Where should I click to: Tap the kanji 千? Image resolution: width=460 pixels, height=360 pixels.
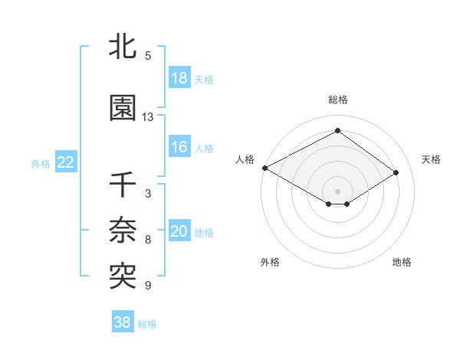pyautogui.click(x=123, y=186)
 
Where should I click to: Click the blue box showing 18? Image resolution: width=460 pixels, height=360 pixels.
pyautogui.click(x=179, y=78)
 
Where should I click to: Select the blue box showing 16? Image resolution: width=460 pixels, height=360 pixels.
pyautogui.click(x=179, y=147)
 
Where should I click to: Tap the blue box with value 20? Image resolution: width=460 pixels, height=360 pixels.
pyautogui.click(x=179, y=231)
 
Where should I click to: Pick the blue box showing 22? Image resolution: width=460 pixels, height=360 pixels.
pyautogui.click(x=66, y=162)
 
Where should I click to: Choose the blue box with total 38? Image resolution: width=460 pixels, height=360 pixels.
pyautogui.click(x=123, y=322)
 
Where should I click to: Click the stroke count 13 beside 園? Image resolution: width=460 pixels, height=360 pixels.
pyautogui.click(x=148, y=117)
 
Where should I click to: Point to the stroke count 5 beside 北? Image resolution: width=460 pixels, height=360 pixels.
pyautogui.click(x=148, y=56)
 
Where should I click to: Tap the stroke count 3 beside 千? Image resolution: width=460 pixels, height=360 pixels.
pyautogui.click(x=148, y=194)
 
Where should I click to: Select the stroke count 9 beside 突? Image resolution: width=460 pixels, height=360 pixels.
pyautogui.click(x=148, y=286)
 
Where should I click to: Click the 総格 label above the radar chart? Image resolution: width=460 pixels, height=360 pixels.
pyautogui.click(x=338, y=100)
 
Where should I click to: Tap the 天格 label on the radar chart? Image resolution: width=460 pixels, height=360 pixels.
pyautogui.click(x=431, y=159)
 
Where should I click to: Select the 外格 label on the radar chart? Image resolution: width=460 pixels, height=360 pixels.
pyautogui.click(x=270, y=262)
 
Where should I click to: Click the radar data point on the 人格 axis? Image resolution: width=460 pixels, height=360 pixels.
pyautogui.click(x=264, y=167)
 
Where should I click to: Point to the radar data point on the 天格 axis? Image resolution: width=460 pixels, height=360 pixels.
pyautogui.click(x=396, y=172)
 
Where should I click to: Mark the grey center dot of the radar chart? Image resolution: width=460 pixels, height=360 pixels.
pyautogui.click(x=337, y=190)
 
